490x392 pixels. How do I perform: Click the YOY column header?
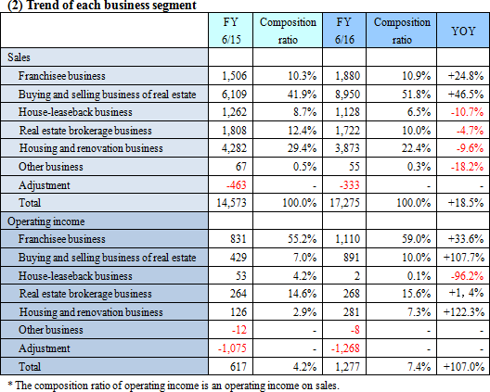pyautogui.click(x=463, y=31)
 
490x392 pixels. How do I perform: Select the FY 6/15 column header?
pyautogui.click(x=231, y=31)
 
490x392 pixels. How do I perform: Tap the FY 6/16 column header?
pyautogui.click(x=344, y=31)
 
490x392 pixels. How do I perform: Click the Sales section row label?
pyautogui.click(x=19, y=57)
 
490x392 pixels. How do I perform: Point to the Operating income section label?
pyautogui.click(x=46, y=221)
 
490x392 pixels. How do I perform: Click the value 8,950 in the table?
pyautogui.click(x=347, y=95)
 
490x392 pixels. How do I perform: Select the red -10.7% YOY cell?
pyautogui.click(x=467, y=112)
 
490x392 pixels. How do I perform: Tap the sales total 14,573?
pyautogui.click(x=231, y=203)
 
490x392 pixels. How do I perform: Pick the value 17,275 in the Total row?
pyautogui.click(x=344, y=203)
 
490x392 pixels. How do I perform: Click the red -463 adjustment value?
pyautogui.click(x=237, y=185)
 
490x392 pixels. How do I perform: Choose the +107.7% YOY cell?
pyautogui.click(x=464, y=258)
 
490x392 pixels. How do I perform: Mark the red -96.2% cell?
pyautogui.click(x=467, y=276)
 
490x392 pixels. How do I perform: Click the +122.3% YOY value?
pyautogui.click(x=464, y=312)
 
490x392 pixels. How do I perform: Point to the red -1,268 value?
pyautogui.click(x=345, y=348)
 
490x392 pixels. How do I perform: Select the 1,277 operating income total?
pyautogui.click(x=347, y=366)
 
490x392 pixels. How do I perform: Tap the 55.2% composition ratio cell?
pyautogui.click(x=302, y=239)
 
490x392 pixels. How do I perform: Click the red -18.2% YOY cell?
pyautogui.click(x=467, y=167)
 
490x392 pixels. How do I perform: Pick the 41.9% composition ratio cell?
pyautogui.click(x=302, y=95)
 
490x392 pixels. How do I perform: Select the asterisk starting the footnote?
pyautogui.click(x=9, y=384)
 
